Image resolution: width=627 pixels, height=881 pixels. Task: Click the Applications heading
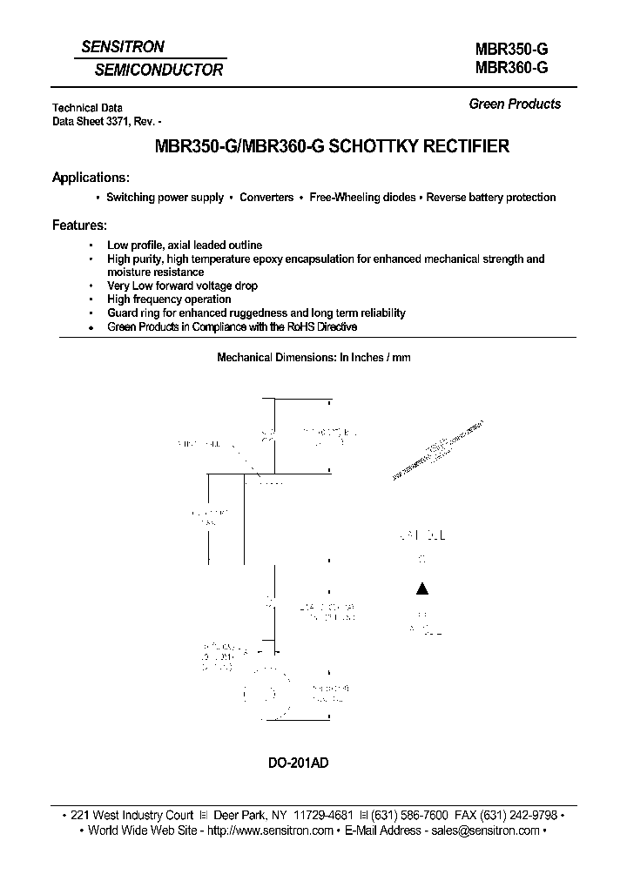pos(91,177)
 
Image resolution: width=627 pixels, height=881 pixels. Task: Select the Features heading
pos(79,225)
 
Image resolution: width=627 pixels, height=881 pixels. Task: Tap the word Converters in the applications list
pos(266,198)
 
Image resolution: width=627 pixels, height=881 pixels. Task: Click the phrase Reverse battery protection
pos(490,198)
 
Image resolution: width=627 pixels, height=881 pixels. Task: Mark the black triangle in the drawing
pos(422,589)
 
